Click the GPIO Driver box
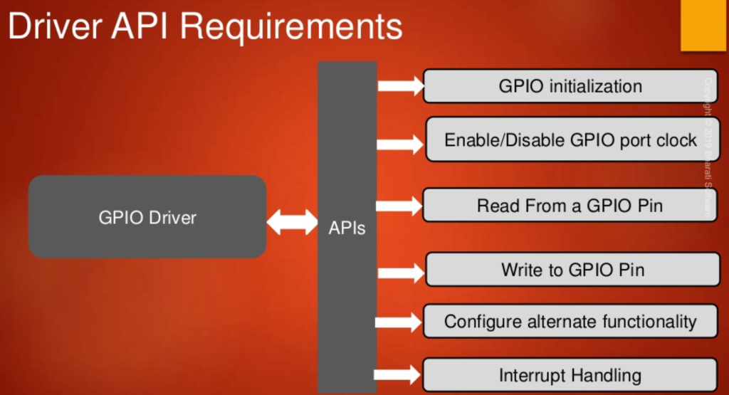point(147,217)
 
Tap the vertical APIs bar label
point(347,228)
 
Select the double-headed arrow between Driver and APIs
point(292,222)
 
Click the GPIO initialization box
point(570,86)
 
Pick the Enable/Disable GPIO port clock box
point(570,139)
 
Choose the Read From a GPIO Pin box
point(570,206)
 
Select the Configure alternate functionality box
point(570,321)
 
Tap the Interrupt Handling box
point(570,375)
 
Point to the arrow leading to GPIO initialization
point(400,86)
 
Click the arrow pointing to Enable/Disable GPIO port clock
point(400,144)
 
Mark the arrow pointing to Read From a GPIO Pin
point(400,206)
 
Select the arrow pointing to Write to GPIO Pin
point(400,271)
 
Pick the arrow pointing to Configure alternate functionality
point(400,322)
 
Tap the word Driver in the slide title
point(53,28)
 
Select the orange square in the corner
point(703,25)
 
